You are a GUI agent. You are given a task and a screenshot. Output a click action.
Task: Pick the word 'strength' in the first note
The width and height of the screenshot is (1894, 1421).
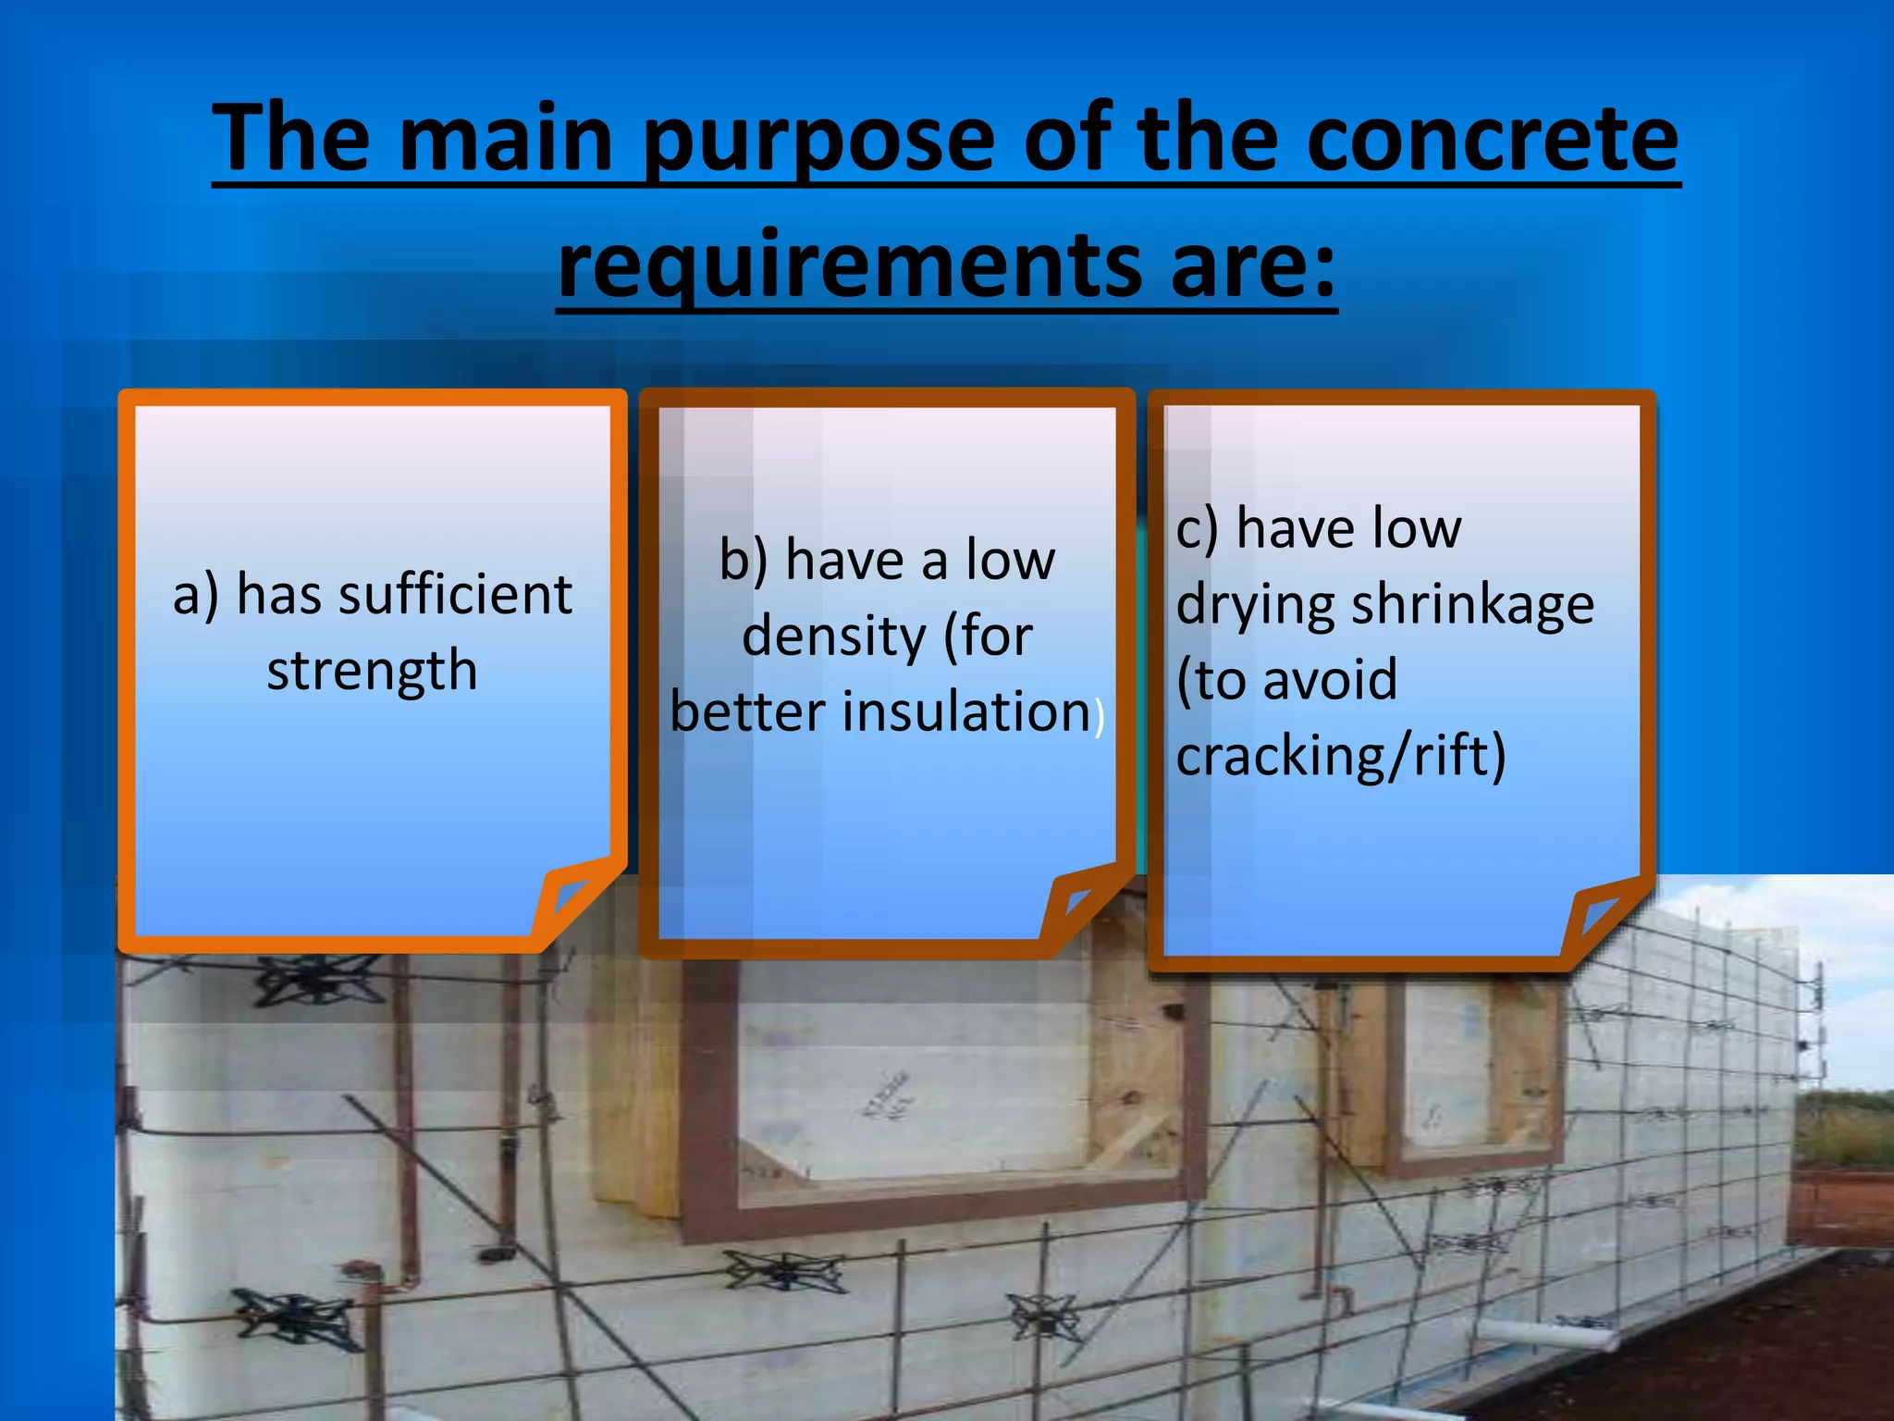tap(372, 670)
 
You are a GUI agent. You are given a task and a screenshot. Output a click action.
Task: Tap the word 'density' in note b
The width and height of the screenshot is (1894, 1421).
tap(834, 636)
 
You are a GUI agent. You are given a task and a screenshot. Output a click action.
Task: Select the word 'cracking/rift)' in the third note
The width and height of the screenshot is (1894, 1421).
tap(1341, 756)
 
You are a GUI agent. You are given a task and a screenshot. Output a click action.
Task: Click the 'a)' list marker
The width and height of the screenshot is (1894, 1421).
tap(196, 595)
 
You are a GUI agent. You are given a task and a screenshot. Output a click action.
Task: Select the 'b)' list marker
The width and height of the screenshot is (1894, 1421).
tap(744, 561)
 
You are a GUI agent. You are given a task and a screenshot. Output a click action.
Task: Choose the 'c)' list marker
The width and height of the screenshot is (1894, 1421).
tap(1197, 530)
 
